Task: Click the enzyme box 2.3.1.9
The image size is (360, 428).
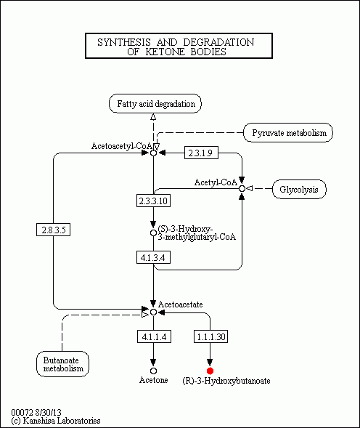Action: pos(199,153)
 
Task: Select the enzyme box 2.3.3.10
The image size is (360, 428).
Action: pos(153,200)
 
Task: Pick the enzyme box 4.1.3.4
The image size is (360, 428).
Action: pos(153,257)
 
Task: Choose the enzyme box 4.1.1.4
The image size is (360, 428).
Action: pos(153,336)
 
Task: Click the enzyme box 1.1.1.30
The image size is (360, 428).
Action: pos(210,336)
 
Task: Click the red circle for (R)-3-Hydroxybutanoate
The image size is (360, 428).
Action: pos(210,371)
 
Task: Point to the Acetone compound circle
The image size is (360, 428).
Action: pos(153,371)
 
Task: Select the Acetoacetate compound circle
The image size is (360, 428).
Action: pos(153,312)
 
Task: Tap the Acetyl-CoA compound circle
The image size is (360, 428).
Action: pos(242,189)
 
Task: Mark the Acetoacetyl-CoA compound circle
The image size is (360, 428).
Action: pos(153,153)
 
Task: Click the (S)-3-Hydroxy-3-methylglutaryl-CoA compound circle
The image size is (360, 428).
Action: pos(153,233)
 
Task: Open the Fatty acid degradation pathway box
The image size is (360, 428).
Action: pos(155,104)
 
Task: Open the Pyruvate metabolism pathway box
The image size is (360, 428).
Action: pos(288,132)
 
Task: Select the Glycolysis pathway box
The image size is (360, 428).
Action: pos(299,190)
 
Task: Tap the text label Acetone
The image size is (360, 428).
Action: pos(154,381)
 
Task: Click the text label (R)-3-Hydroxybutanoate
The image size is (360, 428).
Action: pos(226,381)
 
